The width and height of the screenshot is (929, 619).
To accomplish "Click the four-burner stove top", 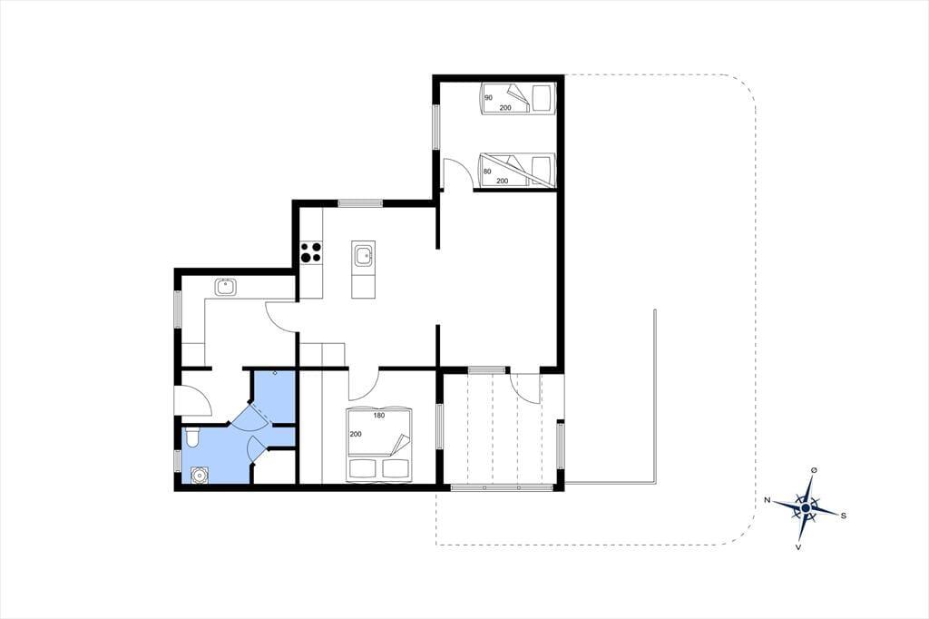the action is pyautogui.click(x=311, y=252).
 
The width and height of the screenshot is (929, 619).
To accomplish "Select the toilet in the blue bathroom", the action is pyautogui.click(x=192, y=438).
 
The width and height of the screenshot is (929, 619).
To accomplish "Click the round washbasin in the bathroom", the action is pyautogui.click(x=199, y=475).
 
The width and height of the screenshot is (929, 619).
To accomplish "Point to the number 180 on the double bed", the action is pyautogui.click(x=379, y=415).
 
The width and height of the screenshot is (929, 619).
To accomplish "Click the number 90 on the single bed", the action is pyautogui.click(x=489, y=97).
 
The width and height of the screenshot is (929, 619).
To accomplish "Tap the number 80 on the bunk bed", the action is pyautogui.click(x=487, y=172).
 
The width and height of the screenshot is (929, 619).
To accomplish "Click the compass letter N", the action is pyautogui.click(x=768, y=500).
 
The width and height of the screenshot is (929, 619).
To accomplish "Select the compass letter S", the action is pyautogui.click(x=843, y=516).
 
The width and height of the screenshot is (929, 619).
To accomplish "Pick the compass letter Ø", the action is pyautogui.click(x=814, y=470).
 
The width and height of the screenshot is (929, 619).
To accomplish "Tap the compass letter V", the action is pyautogui.click(x=798, y=547).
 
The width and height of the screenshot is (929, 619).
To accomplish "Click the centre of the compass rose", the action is pyautogui.click(x=806, y=508).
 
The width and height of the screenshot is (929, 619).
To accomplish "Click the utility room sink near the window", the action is pyautogui.click(x=225, y=287).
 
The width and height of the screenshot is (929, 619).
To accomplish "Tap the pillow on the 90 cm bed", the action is pyautogui.click(x=542, y=98).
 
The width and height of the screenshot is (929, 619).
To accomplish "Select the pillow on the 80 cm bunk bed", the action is pyautogui.click(x=541, y=170).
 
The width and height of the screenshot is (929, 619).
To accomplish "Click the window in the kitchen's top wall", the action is pyautogui.click(x=360, y=203).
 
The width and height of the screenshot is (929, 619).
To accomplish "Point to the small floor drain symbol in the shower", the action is pyautogui.click(x=275, y=373).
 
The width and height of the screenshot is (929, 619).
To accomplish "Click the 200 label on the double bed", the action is pyautogui.click(x=356, y=434).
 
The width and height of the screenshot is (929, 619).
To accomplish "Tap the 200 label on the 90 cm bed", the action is pyautogui.click(x=505, y=107).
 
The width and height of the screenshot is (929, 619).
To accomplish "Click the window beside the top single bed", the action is pyautogui.click(x=436, y=127).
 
